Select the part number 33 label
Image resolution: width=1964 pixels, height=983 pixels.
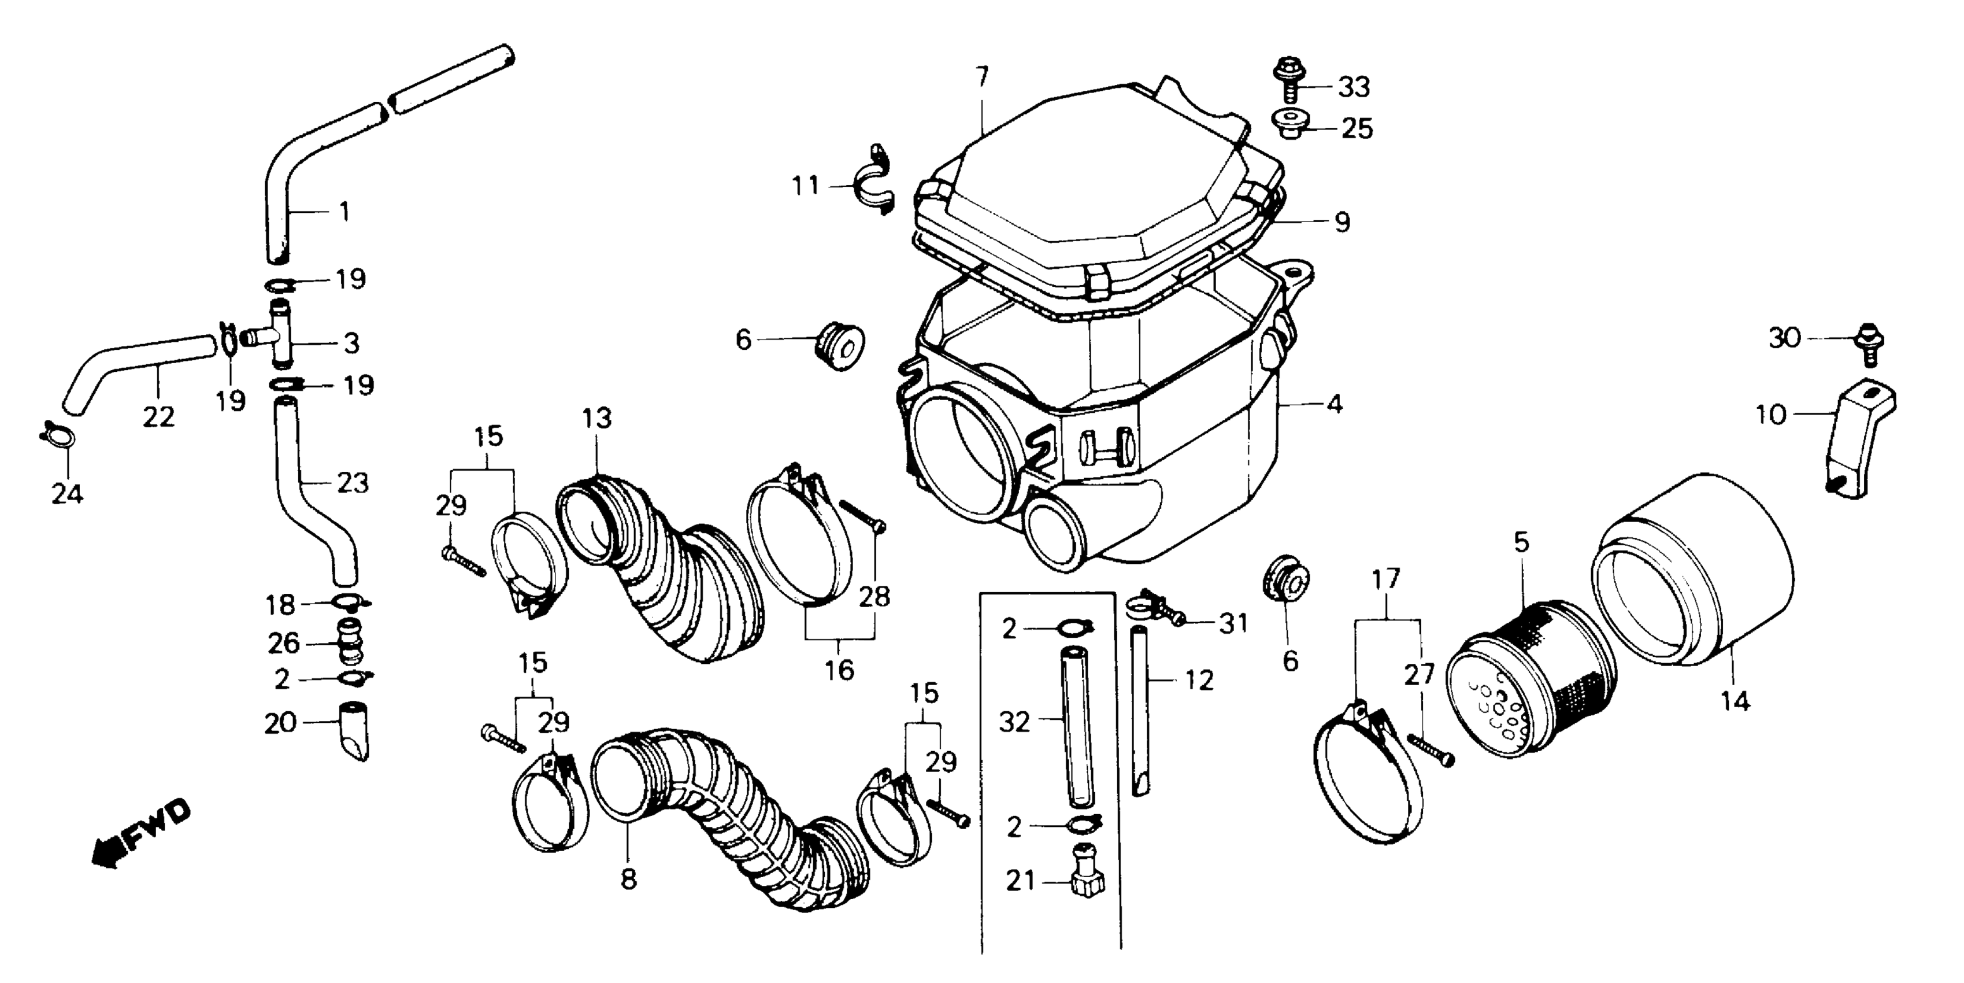1354,88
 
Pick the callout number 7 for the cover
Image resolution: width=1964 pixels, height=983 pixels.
981,77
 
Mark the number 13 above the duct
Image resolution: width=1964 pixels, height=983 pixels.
597,418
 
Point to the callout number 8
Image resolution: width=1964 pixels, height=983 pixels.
628,879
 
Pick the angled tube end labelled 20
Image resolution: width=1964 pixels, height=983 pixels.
351,730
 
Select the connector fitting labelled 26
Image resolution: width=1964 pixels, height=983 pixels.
348,643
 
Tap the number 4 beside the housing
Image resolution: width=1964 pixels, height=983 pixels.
1333,404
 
